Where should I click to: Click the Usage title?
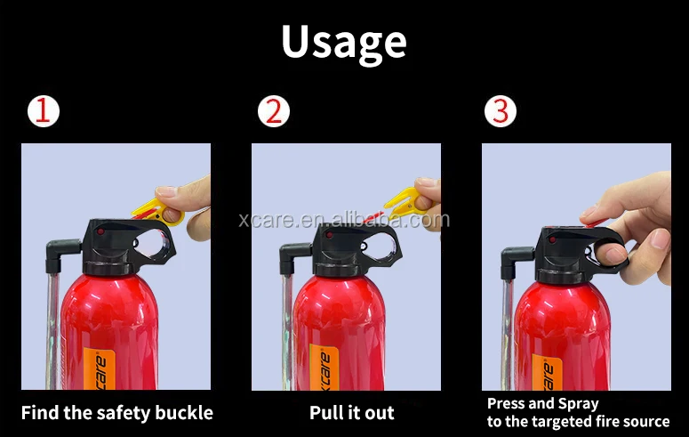pyautogui.click(x=344, y=43)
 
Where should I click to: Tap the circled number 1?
pyautogui.click(x=43, y=111)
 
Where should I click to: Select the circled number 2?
pyautogui.click(x=274, y=111)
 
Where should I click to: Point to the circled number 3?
pyautogui.click(x=501, y=111)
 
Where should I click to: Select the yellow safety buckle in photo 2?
pyautogui.click(x=404, y=202)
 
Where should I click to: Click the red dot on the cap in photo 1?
pyautogui.click(x=100, y=231)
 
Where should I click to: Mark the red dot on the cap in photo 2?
pyautogui.click(x=329, y=235)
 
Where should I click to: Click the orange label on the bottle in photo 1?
pyautogui.click(x=100, y=369)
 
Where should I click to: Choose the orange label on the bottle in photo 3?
pyautogui.click(x=547, y=372)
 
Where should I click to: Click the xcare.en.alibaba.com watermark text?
pyautogui.click(x=345, y=220)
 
